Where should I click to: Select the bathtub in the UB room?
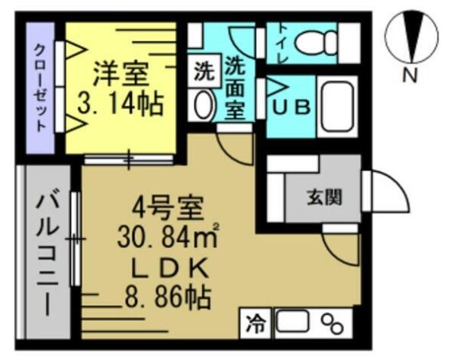(336, 107)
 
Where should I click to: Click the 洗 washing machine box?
(202, 74)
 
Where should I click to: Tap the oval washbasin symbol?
(204, 106)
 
